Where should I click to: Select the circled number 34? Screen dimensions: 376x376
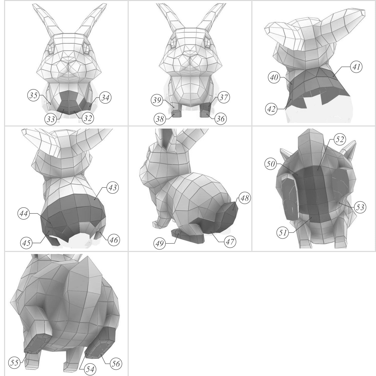(105, 98)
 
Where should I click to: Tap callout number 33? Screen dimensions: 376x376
(51, 119)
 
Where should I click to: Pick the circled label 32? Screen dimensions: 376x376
(87, 118)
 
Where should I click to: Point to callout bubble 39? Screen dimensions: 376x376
(157, 100)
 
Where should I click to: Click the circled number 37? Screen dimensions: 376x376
(223, 97)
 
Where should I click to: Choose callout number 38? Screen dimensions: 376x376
(160, 119)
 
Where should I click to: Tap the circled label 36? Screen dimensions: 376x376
(220, 118)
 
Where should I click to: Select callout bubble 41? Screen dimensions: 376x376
(356, 67)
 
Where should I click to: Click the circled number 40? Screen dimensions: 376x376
(274, 77)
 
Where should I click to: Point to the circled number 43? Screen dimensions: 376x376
(113, 187)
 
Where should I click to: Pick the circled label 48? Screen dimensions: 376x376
(245, 198)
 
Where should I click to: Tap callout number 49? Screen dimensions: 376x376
(160, 243)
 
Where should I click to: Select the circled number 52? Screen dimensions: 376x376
(340, 139)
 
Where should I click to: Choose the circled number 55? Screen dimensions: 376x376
(15, 363)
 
